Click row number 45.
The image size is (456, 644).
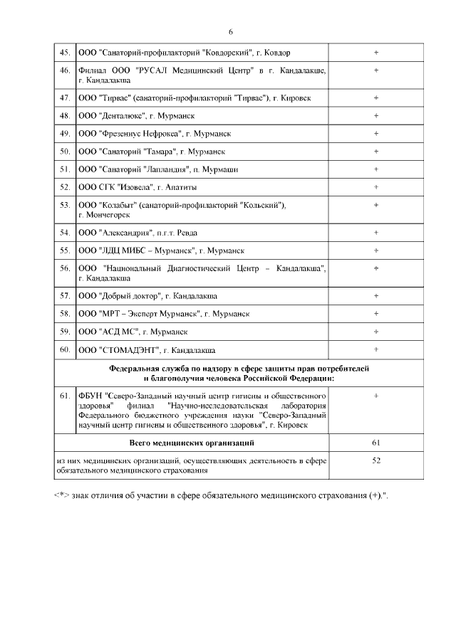coord(64,53)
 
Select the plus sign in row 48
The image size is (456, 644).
coord(375,115)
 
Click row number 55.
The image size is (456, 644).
coord(64,250)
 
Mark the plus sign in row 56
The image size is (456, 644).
coord(375,268)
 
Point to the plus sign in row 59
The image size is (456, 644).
coord(375,331)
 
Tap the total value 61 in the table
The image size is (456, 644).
coord(375,443)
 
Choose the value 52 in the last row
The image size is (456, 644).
coord(375,460)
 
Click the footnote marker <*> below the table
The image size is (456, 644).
coord(61,495)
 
